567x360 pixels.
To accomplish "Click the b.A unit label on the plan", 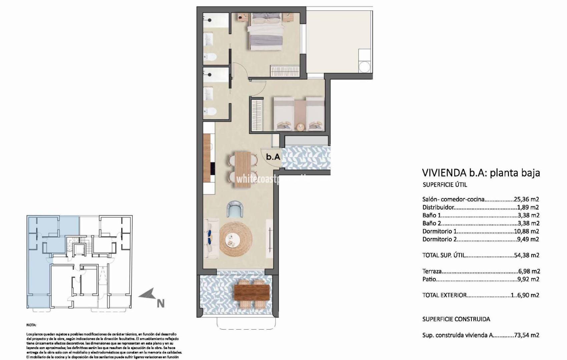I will [273, 157].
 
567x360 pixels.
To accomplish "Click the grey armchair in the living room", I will [235, 209].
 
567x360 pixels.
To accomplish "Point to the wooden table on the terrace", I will [252, 292].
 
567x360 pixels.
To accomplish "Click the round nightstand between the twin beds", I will [301, 127].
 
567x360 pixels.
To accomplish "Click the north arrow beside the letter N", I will [147, 295].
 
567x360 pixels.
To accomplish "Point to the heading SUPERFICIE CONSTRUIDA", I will [456, 319].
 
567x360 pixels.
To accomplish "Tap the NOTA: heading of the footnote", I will [31, 325].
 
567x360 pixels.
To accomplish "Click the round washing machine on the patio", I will [365, 67].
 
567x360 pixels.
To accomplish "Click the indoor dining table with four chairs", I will [242, 169].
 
